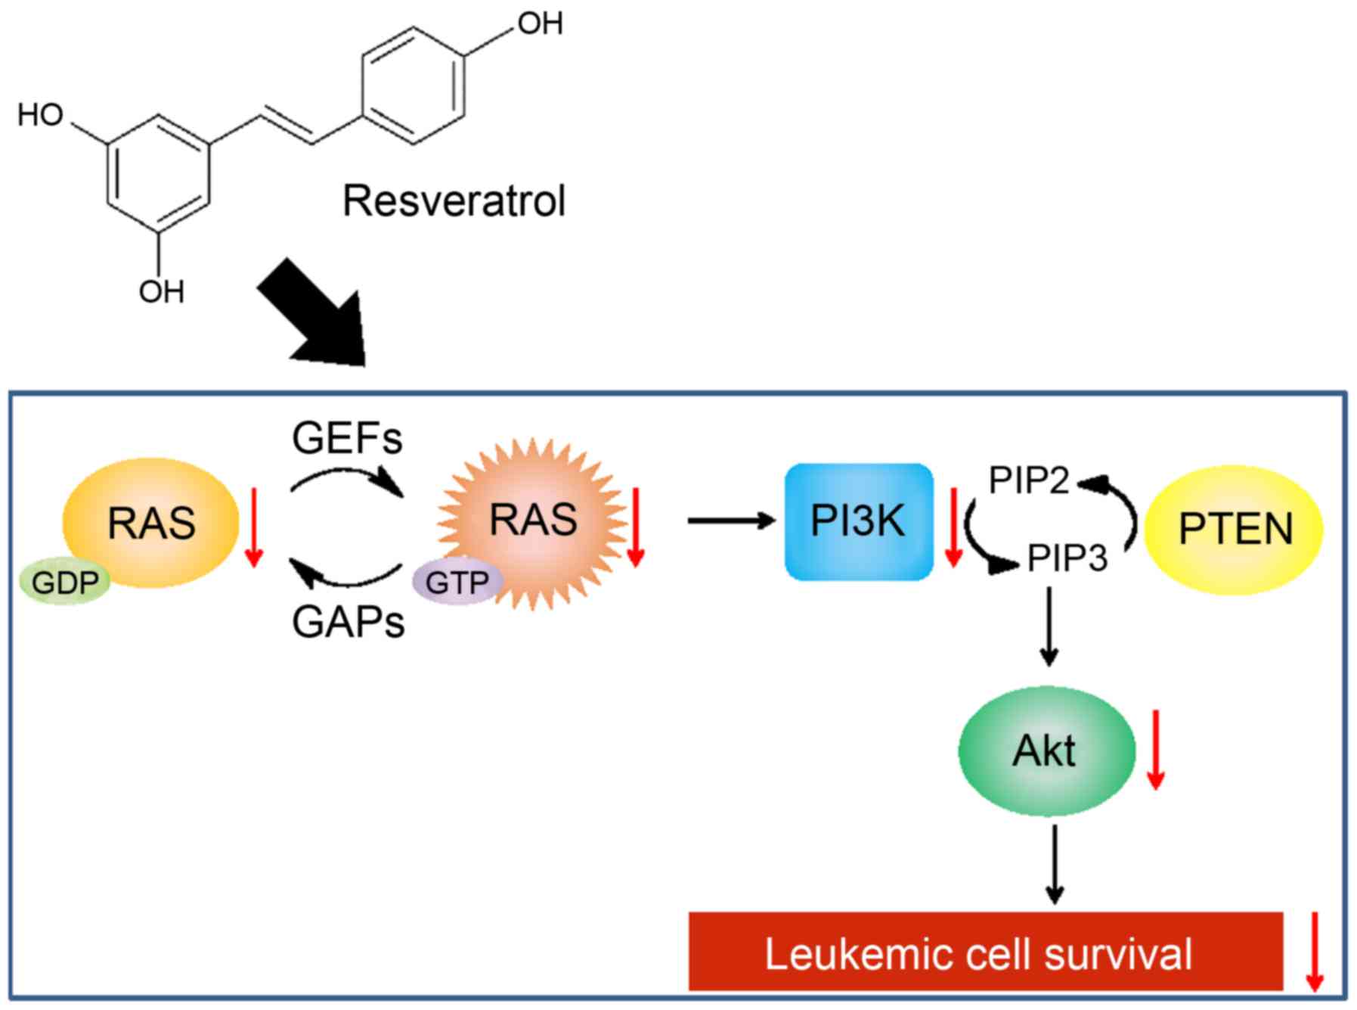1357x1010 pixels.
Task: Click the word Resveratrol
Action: pos(454,201)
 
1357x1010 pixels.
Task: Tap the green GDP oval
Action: pos(65,583)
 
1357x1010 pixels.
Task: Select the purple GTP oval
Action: pos(457,583)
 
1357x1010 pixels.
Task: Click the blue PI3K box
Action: pos(859,521)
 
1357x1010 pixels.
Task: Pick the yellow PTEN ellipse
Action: pos(1234,529)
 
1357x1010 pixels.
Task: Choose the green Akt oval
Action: pos(1046,751)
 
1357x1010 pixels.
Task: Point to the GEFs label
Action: pos(347,438)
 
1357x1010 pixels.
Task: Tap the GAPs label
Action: pos(348,623)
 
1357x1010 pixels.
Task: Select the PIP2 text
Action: pos(1029,480)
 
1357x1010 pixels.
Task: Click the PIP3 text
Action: pos(1067,558)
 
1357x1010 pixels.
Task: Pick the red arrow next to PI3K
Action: pos(953,527)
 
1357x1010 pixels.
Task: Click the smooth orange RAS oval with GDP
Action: pos(151,522)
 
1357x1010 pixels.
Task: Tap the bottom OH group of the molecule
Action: pos(161,292)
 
